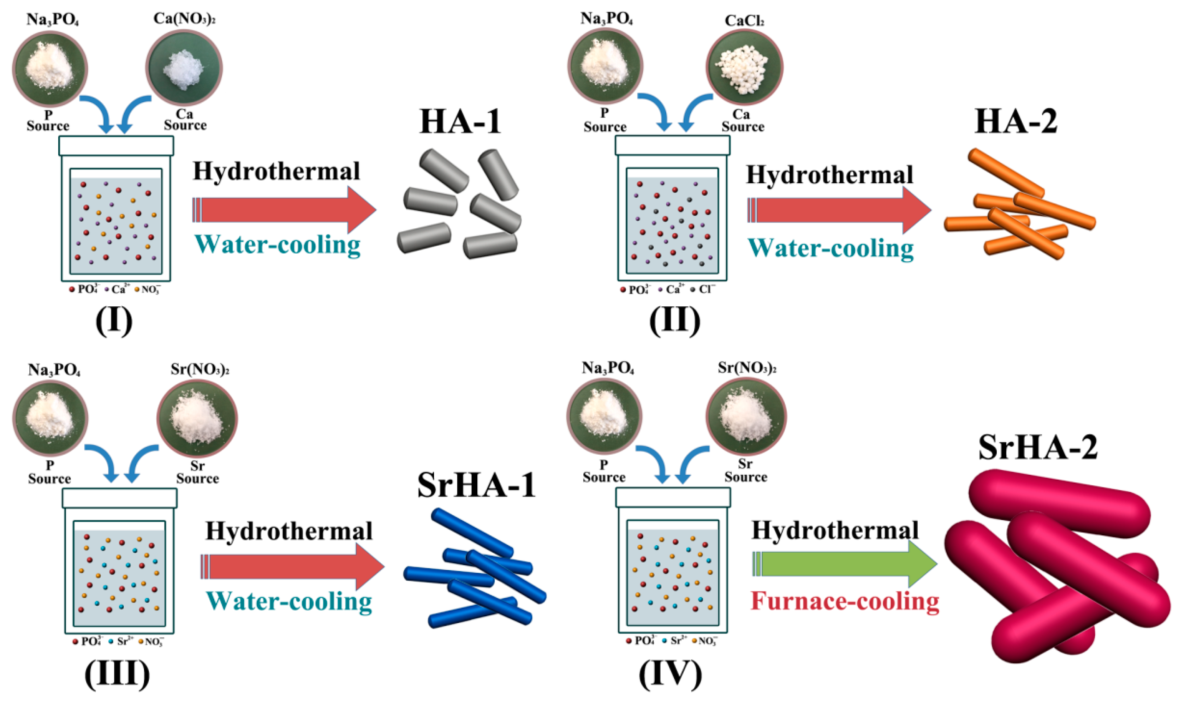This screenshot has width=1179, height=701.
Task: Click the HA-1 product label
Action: pos(460,122)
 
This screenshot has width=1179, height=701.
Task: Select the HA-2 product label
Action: pos(1016,122)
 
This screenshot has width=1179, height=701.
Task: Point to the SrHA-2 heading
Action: pos(1038,447)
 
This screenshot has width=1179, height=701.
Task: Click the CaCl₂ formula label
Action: pos(744,21)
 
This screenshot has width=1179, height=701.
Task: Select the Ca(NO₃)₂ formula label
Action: pos(184,19)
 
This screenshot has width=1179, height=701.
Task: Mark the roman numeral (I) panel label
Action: pos(114,321)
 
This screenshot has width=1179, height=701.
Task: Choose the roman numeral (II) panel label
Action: pos(674,321)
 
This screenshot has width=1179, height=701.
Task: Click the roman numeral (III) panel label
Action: pos(117,673)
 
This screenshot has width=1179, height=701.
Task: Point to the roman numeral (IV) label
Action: pos(670,673)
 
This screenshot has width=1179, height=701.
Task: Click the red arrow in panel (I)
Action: pos(284,210)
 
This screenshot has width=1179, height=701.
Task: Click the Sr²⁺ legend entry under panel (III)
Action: pos(121,641)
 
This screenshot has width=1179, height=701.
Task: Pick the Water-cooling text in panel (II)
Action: pos(830,249)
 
